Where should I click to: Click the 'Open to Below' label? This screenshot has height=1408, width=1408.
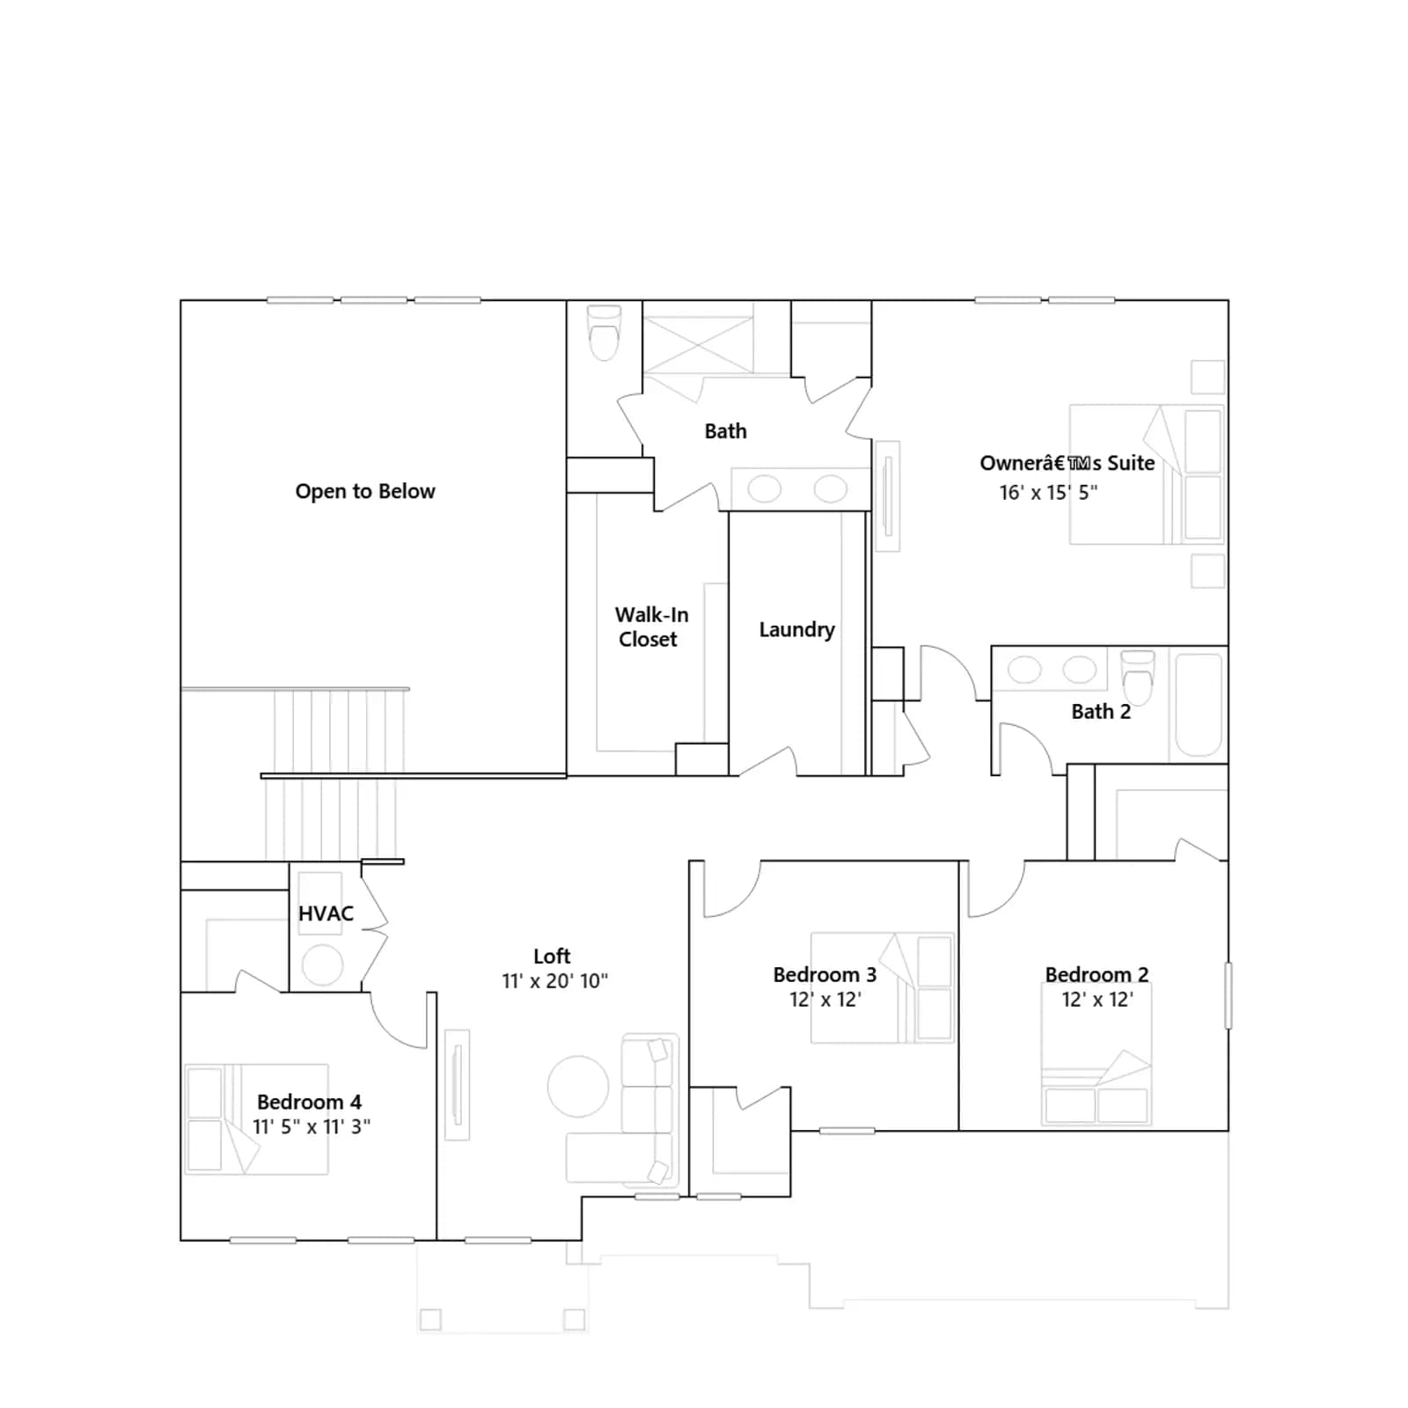tap(365, 491)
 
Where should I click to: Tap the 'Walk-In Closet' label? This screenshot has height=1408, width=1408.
tap(651, 627)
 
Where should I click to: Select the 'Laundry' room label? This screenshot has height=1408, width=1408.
tap(796, 630)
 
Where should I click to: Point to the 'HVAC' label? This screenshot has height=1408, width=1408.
tap(326, 913)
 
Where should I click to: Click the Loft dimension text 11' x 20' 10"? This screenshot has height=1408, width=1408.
tap(554, 981)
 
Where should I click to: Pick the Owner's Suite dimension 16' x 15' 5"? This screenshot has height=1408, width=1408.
tap(1048, 493)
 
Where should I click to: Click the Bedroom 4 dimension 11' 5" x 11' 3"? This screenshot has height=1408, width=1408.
tap(312, 1126)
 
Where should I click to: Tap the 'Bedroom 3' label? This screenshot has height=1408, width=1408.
tap(825, 974)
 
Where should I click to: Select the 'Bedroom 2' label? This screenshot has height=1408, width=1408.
tap(1096, 974)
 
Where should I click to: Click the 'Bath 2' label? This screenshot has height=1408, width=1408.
tap(1101, 712)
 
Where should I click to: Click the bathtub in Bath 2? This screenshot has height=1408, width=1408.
tap(1199, 704)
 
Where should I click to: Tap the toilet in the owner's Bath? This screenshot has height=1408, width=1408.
tap(604, 333)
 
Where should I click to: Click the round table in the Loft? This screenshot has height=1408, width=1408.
tap(578, 1087)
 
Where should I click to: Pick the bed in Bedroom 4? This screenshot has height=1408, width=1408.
tap(257, 1119)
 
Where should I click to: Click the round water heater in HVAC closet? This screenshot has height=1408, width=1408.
tap(323, 965)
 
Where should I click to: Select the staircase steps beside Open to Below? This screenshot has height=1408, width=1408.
tap(334, 774)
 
